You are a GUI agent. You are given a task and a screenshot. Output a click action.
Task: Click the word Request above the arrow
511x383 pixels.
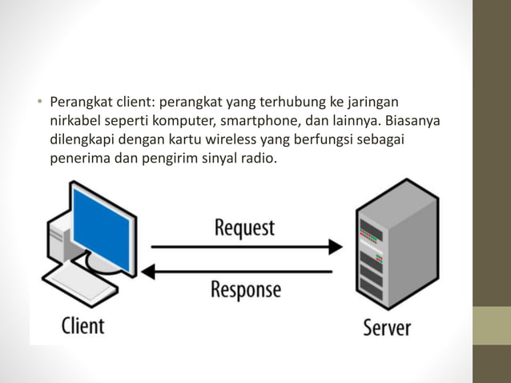244,228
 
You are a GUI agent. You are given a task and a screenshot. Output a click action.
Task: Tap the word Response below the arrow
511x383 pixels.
246,289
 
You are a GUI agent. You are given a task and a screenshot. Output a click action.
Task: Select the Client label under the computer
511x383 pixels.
83,325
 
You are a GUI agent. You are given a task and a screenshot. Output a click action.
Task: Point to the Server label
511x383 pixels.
387,327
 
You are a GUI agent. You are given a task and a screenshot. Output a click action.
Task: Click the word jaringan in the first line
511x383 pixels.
371,103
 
